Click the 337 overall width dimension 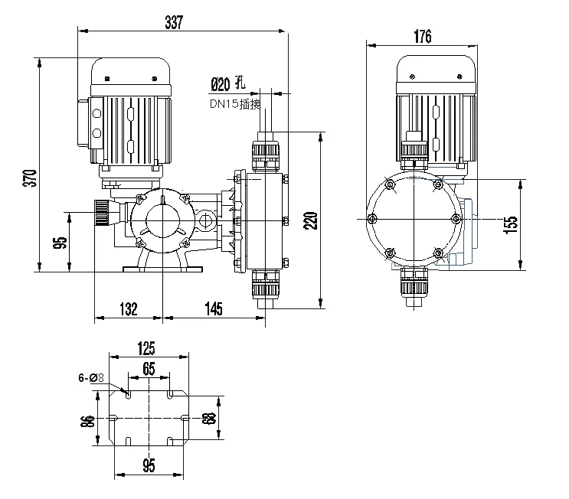(x=174, y=23)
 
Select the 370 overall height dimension (x=29, y=177)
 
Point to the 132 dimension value (x=128, y=308)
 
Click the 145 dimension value (x=214, y=308)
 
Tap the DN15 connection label (x=233, y=104)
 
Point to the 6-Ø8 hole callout (x=91, y=377)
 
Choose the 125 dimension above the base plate (x=149, y=348)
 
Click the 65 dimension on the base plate (x=149, y=369)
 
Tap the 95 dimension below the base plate (x=149, y=465)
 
